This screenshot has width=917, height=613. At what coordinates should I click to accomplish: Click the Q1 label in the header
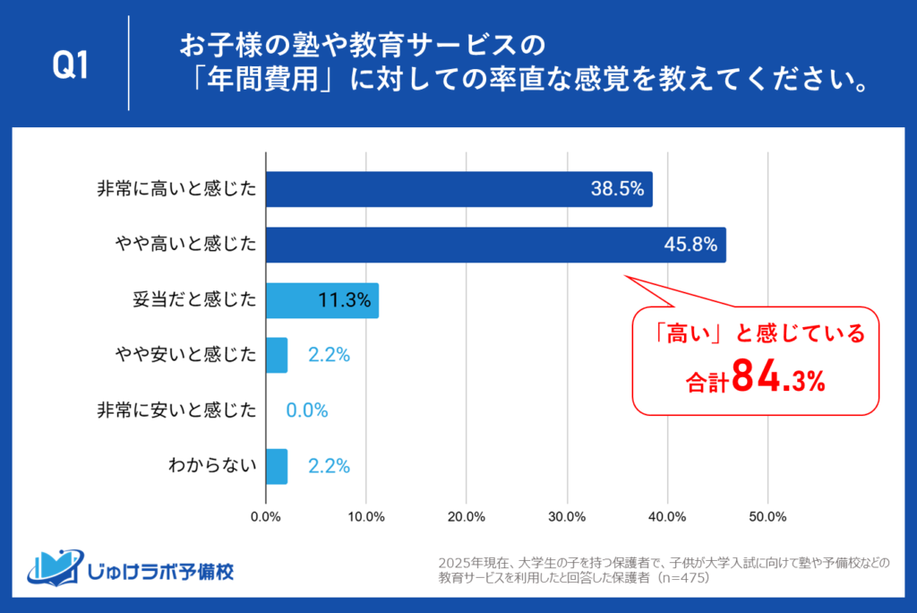[71, 65]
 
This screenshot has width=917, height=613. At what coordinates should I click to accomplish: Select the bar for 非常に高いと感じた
[458, 189]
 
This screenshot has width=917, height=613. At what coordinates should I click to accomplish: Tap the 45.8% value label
[692, 245]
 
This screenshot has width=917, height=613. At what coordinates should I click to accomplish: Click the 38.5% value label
[618, 189]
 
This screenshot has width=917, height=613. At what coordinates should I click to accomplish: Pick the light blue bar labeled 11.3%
[321, 300]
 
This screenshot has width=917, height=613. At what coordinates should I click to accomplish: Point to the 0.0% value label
[307, 410]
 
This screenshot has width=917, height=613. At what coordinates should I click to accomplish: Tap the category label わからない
[212, 466]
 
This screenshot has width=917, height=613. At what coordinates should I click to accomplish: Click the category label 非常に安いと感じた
[176, 410]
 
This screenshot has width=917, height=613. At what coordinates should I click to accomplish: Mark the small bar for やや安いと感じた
[277, 355]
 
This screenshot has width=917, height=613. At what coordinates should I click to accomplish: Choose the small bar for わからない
[277, 466]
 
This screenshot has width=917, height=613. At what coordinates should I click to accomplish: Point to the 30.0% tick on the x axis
[567, 516]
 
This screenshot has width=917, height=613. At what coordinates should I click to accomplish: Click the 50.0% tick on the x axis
[767, 516]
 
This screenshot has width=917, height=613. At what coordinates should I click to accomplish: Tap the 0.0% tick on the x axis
[266, 516]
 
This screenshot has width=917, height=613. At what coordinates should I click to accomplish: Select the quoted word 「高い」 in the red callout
[685, 335]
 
